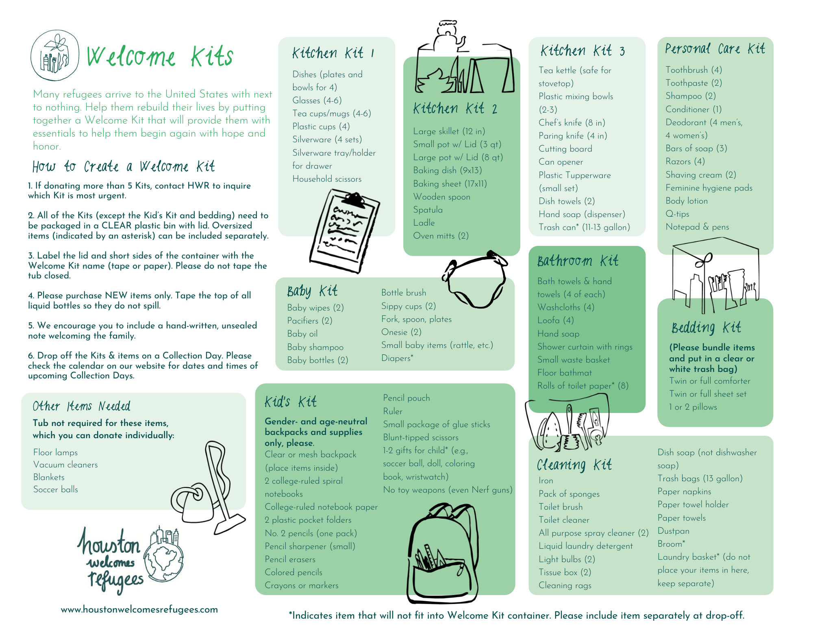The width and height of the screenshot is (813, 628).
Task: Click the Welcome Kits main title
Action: (x=160, y=56)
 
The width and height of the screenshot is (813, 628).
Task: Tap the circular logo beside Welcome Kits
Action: (x=55, y=55)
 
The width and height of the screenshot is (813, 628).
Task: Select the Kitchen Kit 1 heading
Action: (x=333, y=53)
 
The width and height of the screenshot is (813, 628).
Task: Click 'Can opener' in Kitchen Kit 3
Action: (x=561, y=162)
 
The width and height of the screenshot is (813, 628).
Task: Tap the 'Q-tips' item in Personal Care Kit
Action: (x=677, y=214)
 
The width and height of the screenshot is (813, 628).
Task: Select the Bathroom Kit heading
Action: (x=578, y=261)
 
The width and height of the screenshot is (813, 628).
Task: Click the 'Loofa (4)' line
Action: (x=555, y=320)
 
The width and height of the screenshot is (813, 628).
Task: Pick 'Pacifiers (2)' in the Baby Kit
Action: (x=310, y=321)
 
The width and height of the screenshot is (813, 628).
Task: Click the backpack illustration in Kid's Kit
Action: (x=443, y=553)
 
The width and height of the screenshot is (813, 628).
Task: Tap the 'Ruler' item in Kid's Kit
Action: (x=393, y=411)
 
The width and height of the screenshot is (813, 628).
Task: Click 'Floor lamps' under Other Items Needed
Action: (x=55, y=452)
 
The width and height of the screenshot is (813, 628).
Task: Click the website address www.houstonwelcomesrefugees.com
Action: (x=139, y=609)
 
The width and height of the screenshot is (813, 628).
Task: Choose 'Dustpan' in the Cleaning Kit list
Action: (x=673, y=531)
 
